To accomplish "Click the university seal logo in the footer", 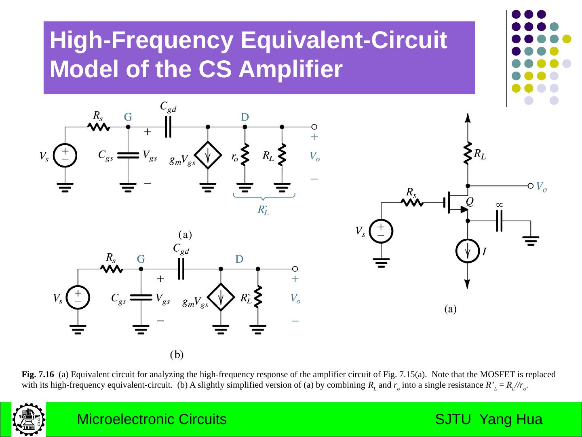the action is pyautogui.click(x=29, y=419).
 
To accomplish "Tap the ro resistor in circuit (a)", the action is pyautogui.click(x=245, y=154).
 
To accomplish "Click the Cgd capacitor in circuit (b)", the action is pyautogui.click(x=181, y=269).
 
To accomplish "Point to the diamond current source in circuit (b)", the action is pyautogui.click(x=221, y=297).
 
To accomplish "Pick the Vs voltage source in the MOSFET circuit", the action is pyautogui.click(x=381, y=231).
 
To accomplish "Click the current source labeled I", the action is pyautogui.click(x=468, y=251).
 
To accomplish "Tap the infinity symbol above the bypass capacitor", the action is pyautogui.click(x=500, y=205).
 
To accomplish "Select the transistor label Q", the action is pyautogui.click(x=470, y=201).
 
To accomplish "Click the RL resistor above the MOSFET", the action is pyautogui.click(x=468, y=153).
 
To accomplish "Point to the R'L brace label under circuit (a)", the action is pyautogui.click(x=263, y=210).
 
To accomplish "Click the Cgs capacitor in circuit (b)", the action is pyautogui.click(x=141, y=297).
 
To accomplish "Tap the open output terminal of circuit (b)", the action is pyautogui.click(x=295, y=269).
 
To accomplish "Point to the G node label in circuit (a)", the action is pyautogui.click(x=128, y=117).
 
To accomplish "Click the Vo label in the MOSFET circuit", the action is pyautogui.click(x=542, y=187).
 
